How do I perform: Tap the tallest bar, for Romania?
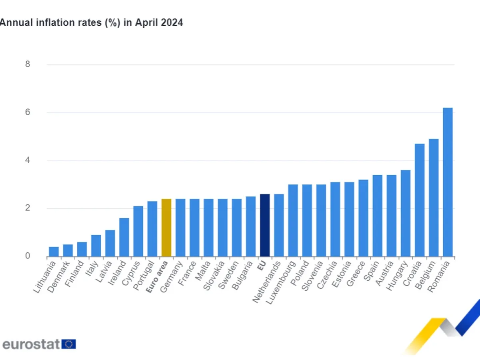(448, 182)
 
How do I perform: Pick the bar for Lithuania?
(54, 252)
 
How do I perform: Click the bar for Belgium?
(434, 198)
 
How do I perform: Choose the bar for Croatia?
(420, 200)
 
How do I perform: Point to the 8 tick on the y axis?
(28, 64)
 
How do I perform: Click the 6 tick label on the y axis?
(28, 112)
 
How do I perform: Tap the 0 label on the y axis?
(28, 256)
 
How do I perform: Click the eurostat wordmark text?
(31, 344)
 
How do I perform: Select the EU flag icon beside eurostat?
(69, 344)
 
